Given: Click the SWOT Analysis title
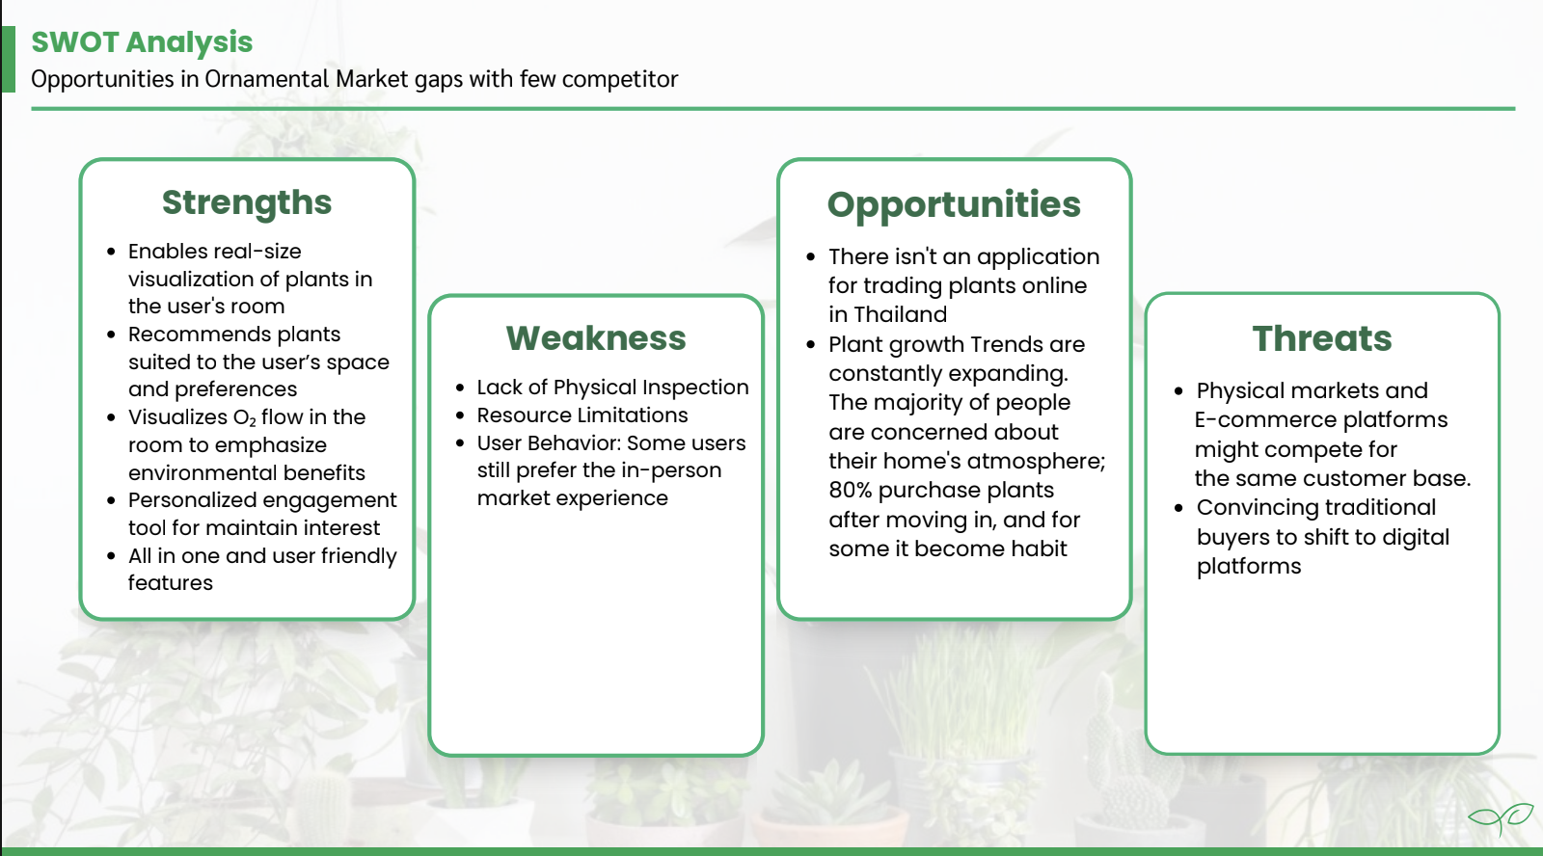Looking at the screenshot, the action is pos(142,42).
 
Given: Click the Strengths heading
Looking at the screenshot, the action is pos(247,203).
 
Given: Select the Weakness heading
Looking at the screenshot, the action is pos(596,338).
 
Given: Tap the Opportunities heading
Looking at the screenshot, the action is pos(954,205).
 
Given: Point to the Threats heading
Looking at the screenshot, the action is pos(1322,338).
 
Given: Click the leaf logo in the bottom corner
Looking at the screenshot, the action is pos(1501,818).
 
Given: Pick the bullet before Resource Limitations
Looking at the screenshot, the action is pos(460,415).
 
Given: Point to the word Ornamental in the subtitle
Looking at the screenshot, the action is pos(267,79).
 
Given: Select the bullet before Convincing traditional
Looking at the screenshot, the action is pos(1178,508).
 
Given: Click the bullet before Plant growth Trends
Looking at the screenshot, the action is pos(811,345).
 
